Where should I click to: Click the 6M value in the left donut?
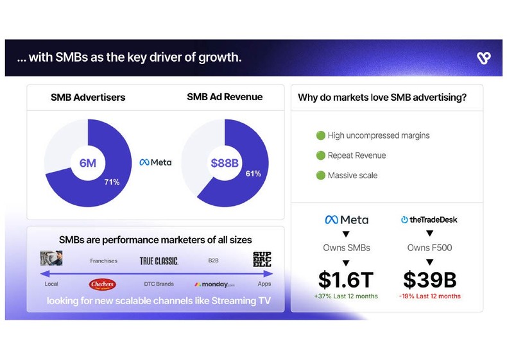point(87,163)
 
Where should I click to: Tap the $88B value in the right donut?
point(224,163)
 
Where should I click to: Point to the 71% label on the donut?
point(112,182)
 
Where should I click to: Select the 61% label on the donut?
point(253,173)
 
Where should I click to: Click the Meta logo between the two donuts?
point(155,162)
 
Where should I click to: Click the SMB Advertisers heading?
point(88,98)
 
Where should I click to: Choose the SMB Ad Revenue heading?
point(225,97)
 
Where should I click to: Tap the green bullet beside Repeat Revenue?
point(320,155)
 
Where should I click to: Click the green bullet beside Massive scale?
point(320,175)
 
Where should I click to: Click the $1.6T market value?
point(347,279)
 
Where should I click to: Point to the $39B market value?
point(430,279)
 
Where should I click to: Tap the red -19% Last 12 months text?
point(430,296)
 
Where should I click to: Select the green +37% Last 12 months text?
point(347,296)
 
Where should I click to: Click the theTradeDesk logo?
point(429,219)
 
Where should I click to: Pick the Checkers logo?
point(103,284)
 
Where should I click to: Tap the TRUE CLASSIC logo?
point(159,261)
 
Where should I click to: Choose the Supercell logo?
point(262,259)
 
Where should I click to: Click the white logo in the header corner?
point(484,58)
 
